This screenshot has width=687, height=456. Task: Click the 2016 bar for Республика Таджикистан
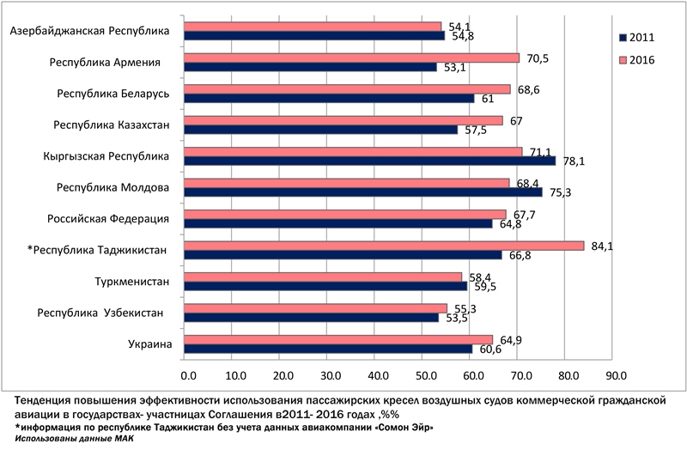tap(385, 246)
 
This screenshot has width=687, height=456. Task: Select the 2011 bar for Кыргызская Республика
tap(370, 161)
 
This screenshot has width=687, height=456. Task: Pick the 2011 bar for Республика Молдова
tap(363, 192)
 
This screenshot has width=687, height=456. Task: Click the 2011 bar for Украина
tap(329, 349)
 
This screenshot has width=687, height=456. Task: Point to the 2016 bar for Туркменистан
tap(323, 277)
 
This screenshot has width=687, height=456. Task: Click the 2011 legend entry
tap(641, 38)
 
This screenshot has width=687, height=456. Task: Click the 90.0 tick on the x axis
tap(616, 375)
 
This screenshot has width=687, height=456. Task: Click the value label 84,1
tap(600, 246)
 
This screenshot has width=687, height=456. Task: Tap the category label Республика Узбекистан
tap(111, 313)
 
